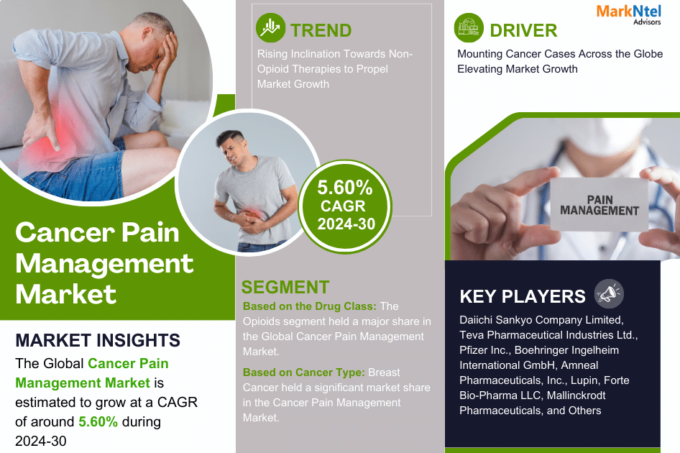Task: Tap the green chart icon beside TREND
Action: [271, 29]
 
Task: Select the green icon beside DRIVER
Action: [469, 29]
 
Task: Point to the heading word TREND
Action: [321, 30]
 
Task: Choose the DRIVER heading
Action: [523, 30]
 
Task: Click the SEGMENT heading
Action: [285, 287]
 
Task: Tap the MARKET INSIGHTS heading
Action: [98, 340]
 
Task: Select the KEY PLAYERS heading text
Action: [523, 296]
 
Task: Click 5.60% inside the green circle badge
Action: [346, 188]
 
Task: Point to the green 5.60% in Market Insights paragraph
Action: [98, 421]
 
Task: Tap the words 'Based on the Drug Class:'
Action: [310, 306]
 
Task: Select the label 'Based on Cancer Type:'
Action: [303, 372]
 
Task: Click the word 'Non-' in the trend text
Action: [400, 54]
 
